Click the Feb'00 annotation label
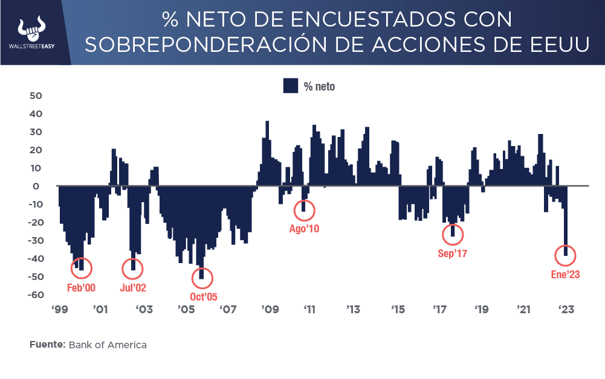point(81,288)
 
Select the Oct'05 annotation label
point(203,296)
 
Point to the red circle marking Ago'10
point(303,210)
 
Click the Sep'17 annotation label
point(453,253)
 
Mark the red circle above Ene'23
point(566,255)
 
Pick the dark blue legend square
point(291,86)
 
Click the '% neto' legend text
point(319,86)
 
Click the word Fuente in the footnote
point(47,345)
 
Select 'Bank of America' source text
point(108,345)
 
